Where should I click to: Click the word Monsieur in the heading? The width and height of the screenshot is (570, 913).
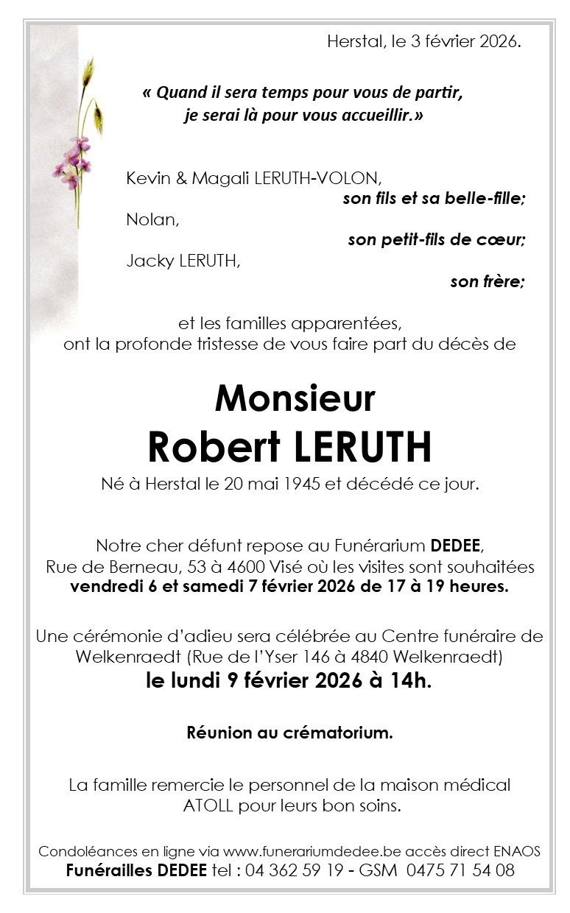(x=295, y=398)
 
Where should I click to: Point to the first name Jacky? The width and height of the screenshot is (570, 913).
(x=149, y=261)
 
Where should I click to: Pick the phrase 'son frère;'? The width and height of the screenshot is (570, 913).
(x=488, y=281)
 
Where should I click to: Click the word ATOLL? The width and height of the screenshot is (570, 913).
(x=207, y=805)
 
